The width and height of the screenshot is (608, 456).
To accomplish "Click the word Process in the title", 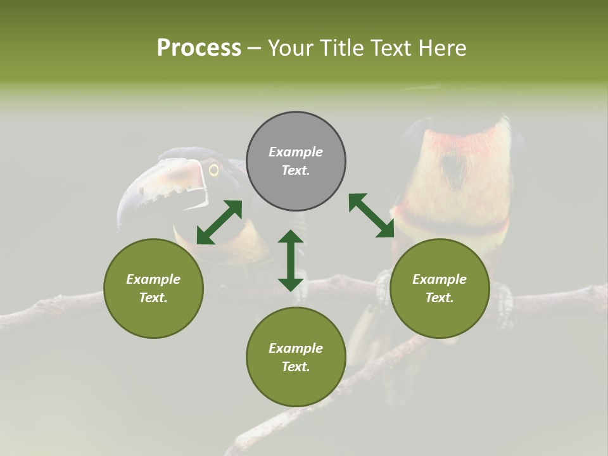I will point(199,48).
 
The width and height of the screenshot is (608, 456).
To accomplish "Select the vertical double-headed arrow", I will point(291,260).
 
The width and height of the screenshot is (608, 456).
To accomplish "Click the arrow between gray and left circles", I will point(219,222).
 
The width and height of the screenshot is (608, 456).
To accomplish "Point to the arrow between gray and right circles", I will point(371,215).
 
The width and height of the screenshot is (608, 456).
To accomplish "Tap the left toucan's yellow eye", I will point(213,170).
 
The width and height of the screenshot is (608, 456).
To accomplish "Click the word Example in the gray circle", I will point(296,152).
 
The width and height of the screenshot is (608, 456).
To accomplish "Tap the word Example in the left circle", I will point(153,279).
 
